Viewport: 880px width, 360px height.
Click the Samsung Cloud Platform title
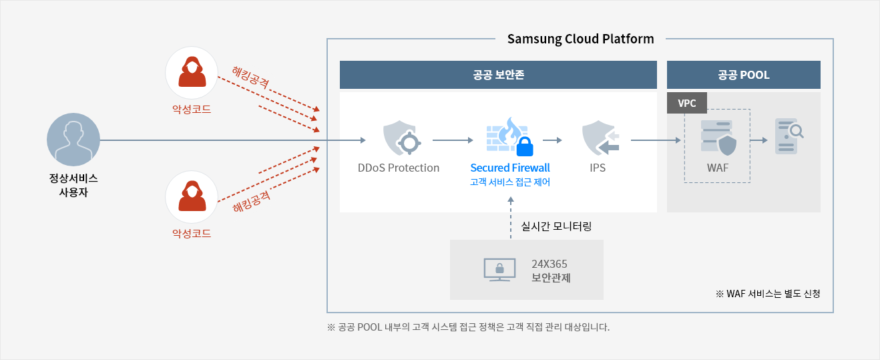click(x=580, y=39)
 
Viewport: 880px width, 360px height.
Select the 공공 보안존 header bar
click(x=498, y=75)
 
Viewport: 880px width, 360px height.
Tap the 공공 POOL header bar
click(x=743, y=75)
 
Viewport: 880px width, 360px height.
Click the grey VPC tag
click(x=687, y=103)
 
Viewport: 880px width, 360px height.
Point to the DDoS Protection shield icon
click(x=401, y=138)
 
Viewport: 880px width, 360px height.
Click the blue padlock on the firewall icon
click(x=525, y=146)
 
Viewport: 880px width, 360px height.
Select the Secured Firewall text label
click(x=510, y=168)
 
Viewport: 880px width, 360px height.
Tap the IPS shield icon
click(x=600, y=138)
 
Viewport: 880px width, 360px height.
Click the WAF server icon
click(x=718, y=138)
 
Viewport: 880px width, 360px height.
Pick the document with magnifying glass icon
click(x=789, y=136)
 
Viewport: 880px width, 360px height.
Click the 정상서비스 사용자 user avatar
click(x=73, y=140)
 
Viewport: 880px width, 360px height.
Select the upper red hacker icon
click(x=192, y=73)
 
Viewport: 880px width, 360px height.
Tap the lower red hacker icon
click(x=192, y=197)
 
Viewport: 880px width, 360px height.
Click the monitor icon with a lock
click(x=499, y=270)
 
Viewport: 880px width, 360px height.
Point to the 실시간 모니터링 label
click(x=556, y=226)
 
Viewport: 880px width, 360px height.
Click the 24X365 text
click(x=549, y=264)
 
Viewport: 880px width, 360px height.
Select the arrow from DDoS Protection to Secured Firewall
click(x=453, y=140)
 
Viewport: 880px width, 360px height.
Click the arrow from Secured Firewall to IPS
click(x=552, y=140)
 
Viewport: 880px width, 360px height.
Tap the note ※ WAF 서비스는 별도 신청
click(x=768, y=294)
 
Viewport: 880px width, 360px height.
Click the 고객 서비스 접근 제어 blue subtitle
click(x=510, y=182)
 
